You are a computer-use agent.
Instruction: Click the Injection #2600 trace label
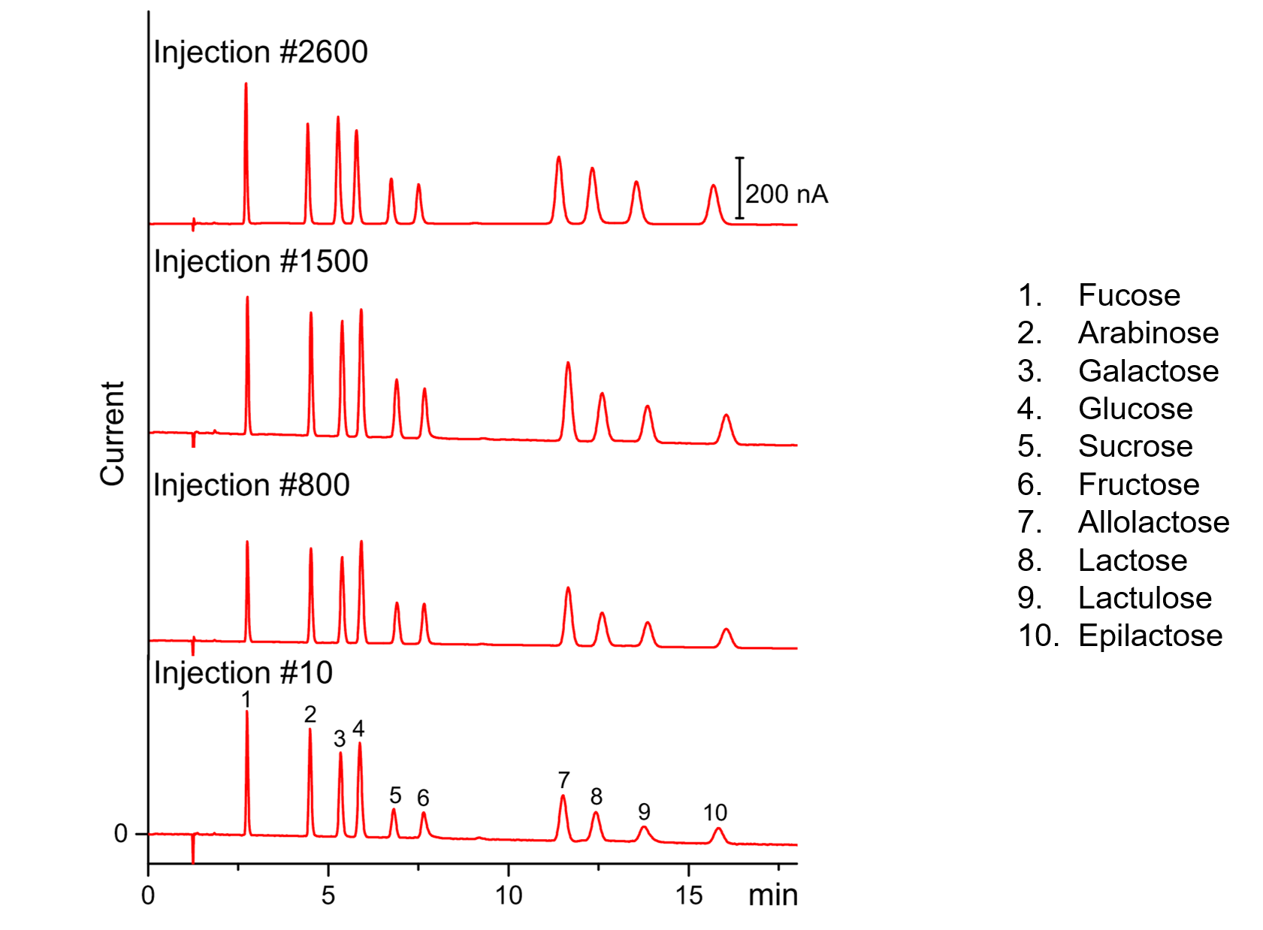[x=260, y=53]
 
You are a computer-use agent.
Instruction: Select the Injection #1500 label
[x=260, y=262]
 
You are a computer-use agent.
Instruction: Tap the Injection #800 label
[x=251, y=485]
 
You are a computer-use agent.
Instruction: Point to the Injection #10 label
[x=243, y=673]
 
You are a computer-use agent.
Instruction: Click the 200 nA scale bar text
[x=786, y=195]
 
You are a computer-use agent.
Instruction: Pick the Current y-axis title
[x=113, y=433]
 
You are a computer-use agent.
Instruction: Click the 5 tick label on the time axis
[x=328, y=895]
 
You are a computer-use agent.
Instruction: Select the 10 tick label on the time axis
[x=509, y=895]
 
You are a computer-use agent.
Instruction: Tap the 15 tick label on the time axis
[x=688, y=895]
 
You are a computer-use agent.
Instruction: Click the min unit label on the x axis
[x=772, y=895]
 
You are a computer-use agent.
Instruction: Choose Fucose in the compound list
[x=1129, y=295]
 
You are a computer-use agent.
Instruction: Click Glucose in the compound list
[x=1135, y=409]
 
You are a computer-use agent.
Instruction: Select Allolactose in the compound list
[x=1153, y=522]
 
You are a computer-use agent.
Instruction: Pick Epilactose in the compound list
[x=1150, y=636]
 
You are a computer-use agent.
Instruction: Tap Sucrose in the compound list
[x=1135, y=446]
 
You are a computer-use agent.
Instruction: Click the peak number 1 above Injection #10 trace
[x=246, y=699]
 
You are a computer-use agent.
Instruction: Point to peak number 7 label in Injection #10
[x=564, y=781]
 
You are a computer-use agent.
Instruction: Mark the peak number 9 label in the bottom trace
[x=644, y=812]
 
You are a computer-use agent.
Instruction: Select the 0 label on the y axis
[x=121, y=833]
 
